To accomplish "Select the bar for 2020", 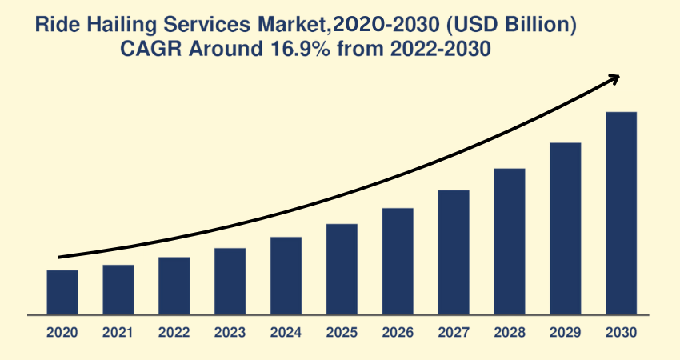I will click(x=62, y=292).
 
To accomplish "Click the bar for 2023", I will click(x=230, y=281).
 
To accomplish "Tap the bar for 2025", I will click(x=342, y=269).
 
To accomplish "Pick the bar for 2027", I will click(x=454, y=252).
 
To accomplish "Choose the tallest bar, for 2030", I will click(x=621, y=213).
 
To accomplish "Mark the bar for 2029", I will click(x=565, y=228).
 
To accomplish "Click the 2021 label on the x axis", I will click(x=118, y=332).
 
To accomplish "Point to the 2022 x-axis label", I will click(x=174, y=332).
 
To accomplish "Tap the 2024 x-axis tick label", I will click(x=286, y=332).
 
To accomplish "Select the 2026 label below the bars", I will click(x=398, y=332).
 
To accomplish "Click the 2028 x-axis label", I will click(x=510, y=332).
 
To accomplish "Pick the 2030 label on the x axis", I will click(x=622, y=332).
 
